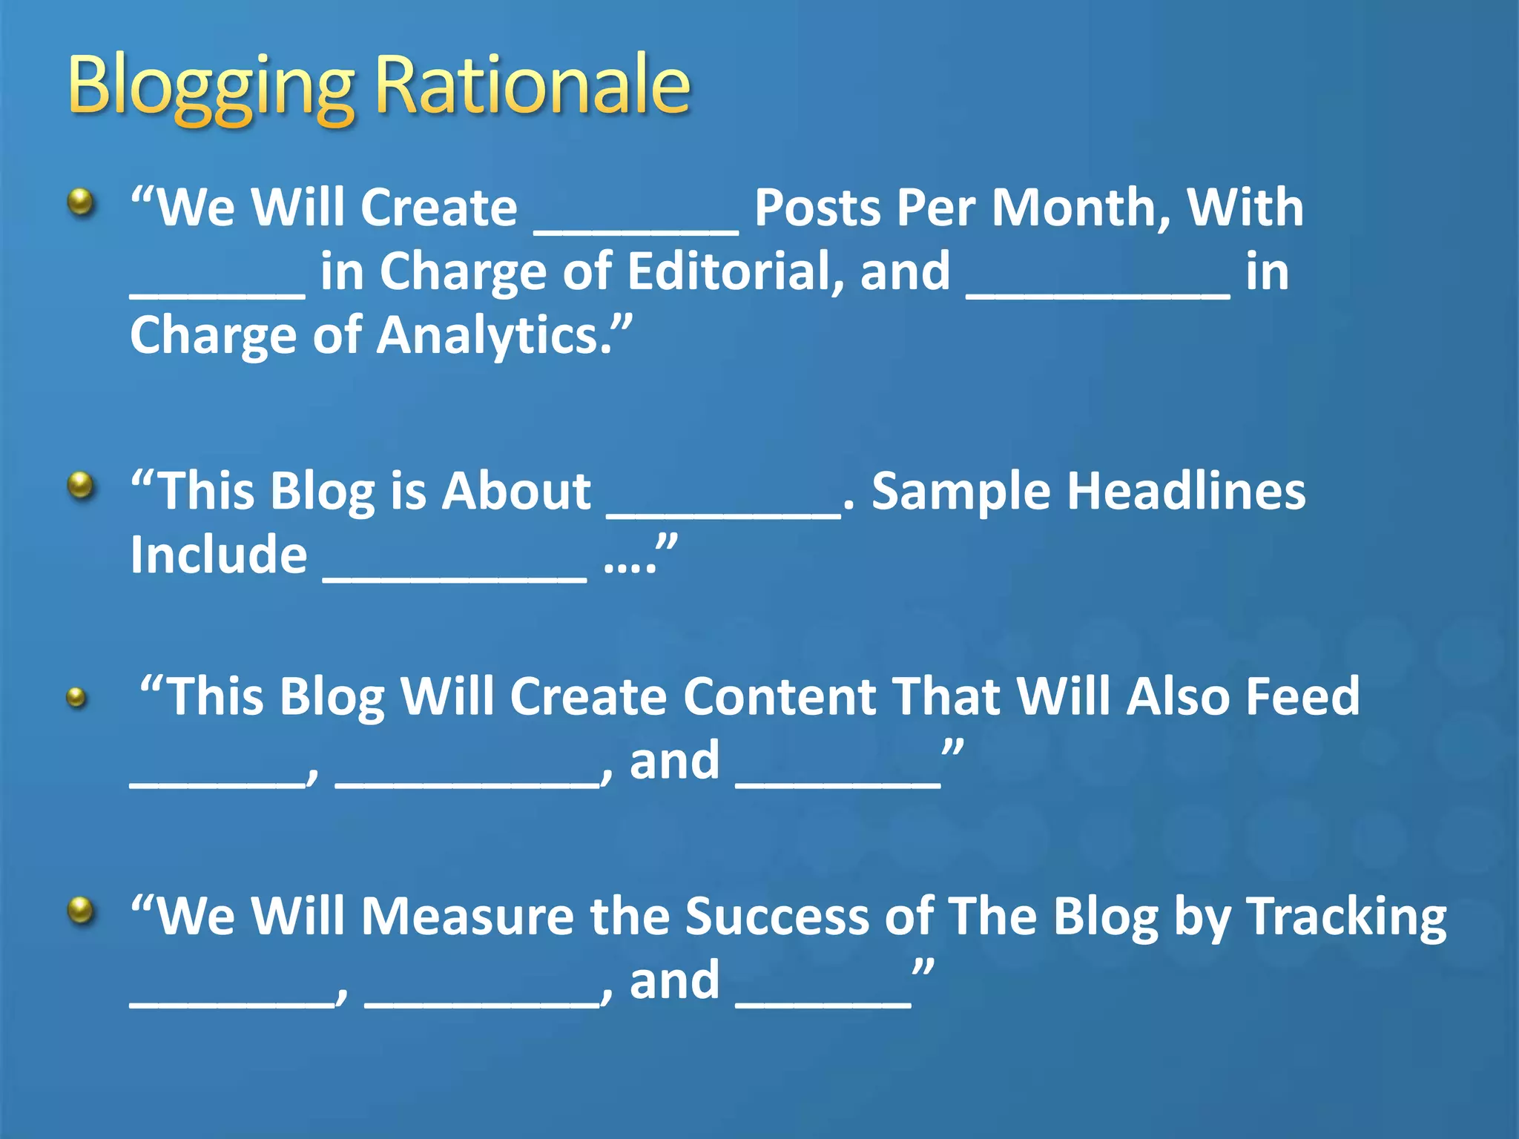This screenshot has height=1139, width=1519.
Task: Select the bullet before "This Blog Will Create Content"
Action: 76,697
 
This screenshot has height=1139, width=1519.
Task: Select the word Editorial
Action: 734,271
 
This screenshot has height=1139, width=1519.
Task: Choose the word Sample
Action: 961,493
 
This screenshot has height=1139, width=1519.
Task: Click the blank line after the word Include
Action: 455,579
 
